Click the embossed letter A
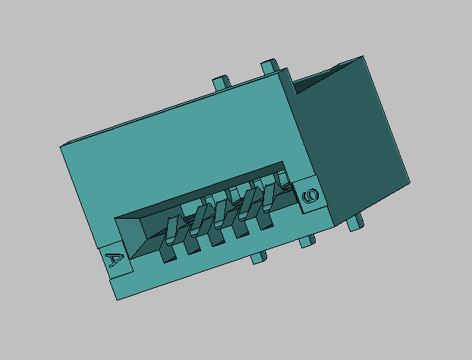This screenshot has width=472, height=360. (x=115, y=261)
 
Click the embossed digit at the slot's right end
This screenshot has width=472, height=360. (x=310, y=197)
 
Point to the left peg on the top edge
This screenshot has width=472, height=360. (x=220, y=81)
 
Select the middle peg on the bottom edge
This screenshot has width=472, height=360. (x=307, y=242)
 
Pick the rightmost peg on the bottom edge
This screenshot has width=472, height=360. (x=354, y=225)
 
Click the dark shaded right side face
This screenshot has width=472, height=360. (x=357, y=144)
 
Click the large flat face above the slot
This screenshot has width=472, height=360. (x=182, y=152)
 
